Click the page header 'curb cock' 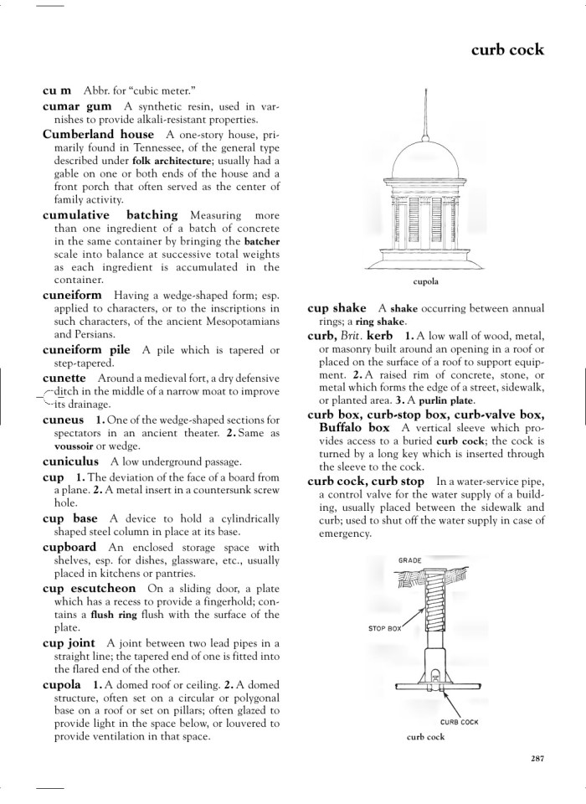click(507, 49)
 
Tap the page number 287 click(537, 759)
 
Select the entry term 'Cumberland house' click(98, 134)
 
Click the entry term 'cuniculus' click(70, 461)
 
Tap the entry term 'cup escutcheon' click(89, 589)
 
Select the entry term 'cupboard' click(69, 547)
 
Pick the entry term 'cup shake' click(337, 308)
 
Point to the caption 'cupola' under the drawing click(426, 281)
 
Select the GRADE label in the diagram click(409, 559)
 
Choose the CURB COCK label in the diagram click(459, 721)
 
